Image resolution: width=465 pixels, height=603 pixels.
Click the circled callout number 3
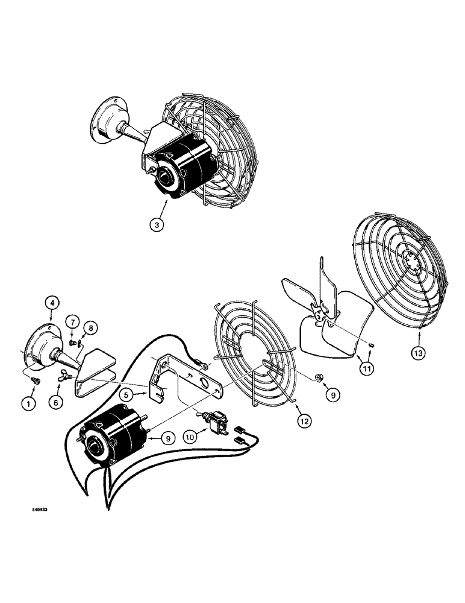coord(157,225)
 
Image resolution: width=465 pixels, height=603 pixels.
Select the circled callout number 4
coord(51,301)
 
